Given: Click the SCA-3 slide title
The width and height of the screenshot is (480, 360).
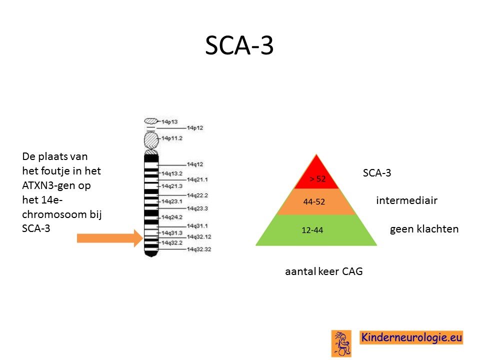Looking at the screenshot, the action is (239, 45).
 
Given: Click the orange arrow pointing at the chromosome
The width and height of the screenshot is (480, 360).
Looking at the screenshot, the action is (110, 238).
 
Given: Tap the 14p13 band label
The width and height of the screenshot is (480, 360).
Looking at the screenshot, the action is (169, 122).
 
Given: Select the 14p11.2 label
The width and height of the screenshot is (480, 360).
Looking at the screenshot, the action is (171, 138).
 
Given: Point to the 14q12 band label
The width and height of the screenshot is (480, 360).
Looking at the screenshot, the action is (195, 164).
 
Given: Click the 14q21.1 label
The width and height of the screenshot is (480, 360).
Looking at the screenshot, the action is (197, 179).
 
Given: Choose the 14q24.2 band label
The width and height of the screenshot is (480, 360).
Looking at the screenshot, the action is (171, 217).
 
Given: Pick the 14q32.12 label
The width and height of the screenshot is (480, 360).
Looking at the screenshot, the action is (199, 236).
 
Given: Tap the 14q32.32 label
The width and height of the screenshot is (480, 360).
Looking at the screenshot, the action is (199, 249).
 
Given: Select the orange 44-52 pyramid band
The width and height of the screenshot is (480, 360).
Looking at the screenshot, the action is (316, 201).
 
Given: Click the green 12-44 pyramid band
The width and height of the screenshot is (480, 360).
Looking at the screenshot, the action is (316, 230).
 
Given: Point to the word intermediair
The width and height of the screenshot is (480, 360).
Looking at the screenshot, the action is (407, 200).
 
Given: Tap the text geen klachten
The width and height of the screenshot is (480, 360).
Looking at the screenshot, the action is (424, 229).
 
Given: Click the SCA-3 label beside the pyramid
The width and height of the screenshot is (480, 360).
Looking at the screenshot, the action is (377, 173).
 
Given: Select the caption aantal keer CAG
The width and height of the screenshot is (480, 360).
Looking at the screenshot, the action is (324, 271).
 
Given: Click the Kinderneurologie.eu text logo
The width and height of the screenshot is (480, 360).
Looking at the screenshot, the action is (411, 337).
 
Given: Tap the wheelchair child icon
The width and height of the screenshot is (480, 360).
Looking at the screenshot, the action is (341, 343).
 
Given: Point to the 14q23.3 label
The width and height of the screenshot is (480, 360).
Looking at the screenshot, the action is (197, 208).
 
